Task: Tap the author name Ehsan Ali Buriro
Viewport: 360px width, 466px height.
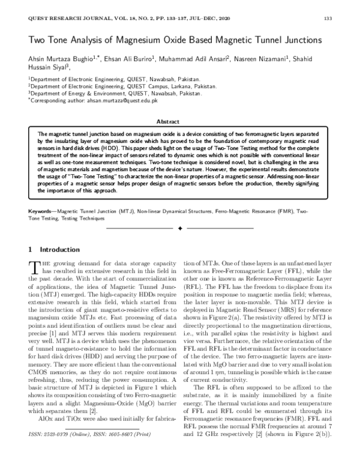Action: pyautogui.click(x=128, y=60)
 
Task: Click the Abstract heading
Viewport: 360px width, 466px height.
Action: pyautogui.click(x=180, y=121)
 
